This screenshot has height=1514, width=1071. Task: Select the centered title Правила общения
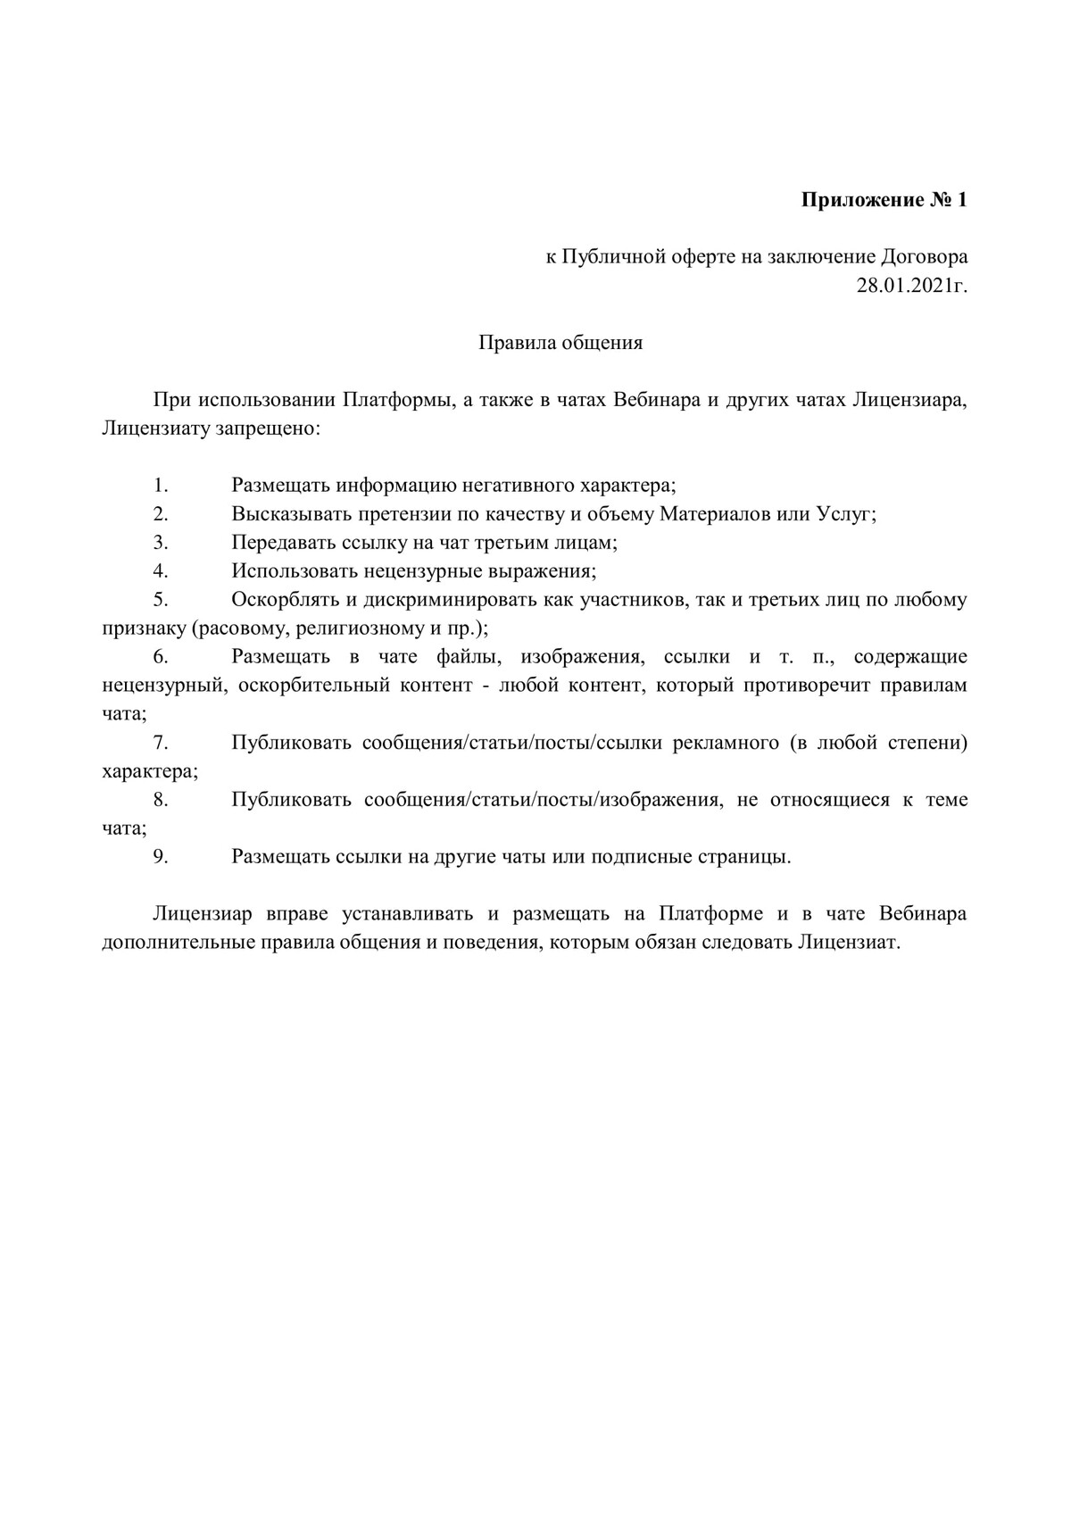click(x=560, y=343)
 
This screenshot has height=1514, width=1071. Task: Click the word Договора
click(x=925, y=257)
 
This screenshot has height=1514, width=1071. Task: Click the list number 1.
click(x=161, y=486)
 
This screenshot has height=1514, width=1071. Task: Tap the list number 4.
click(x=161, y=571)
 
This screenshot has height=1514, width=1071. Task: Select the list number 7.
click(x=161, y=743)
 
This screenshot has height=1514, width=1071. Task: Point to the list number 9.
click(x=161, y=857)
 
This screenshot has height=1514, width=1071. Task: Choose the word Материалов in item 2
click(x=715, y=514)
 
